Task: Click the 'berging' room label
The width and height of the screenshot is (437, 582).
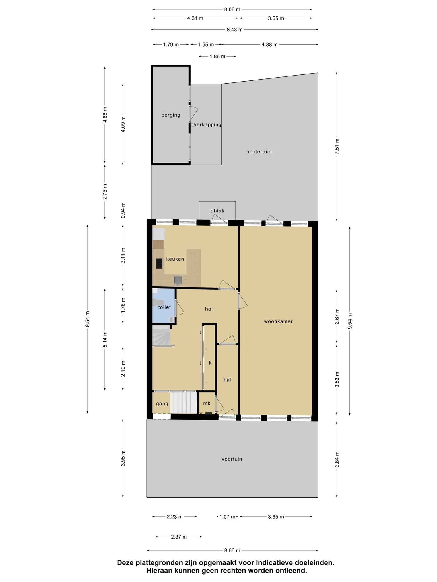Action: tap(171, 115)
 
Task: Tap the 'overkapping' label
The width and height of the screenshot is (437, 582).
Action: tap(206, 124)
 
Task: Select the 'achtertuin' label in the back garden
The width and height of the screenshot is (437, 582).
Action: tap(259, 152)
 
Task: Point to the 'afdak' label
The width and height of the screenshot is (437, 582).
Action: tap(217, 211)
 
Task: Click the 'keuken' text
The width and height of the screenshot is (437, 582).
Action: tap(175, 259)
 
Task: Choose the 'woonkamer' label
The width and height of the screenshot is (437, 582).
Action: tap(278, 321)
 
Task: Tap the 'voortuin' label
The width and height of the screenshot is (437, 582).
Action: tap(232, 459)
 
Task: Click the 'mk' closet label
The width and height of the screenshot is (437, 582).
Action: tap(207, 403)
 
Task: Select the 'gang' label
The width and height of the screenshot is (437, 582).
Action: tap(162, 404)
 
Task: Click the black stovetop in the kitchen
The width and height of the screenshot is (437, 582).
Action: tap(159, 263)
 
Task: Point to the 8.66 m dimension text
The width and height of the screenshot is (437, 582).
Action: tap(232, 550)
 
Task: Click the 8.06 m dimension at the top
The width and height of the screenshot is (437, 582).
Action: tap(232, 9)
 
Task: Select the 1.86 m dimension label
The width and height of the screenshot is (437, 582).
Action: tap(217, 56)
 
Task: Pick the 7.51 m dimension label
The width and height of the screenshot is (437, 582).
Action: tap(337, 146)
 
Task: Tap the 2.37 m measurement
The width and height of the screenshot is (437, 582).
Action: tap(179, 537)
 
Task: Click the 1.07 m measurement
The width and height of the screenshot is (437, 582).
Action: tap(228, 517)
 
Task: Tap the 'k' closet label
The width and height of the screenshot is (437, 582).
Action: tap(210, 363)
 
